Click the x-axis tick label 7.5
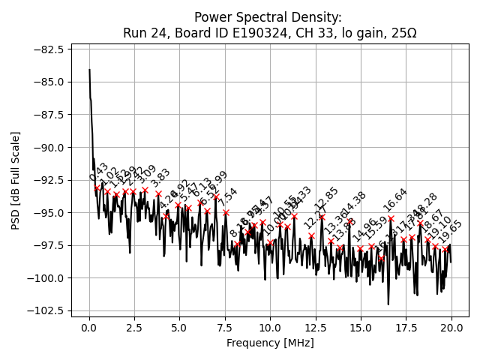[225, 328]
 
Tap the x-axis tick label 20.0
[451, 328]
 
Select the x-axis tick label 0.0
[89, 328]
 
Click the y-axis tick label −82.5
[49, 49]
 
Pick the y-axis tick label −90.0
[49, 148]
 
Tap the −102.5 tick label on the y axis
[46, 310]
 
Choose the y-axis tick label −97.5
[49, 245]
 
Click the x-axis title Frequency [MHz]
[270, 343]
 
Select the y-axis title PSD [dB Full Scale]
[16, 180]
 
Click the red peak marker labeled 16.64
[391, 218]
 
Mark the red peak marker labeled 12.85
[322, 217]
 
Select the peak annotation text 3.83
[160, 179]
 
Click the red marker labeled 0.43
[97, 188]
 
